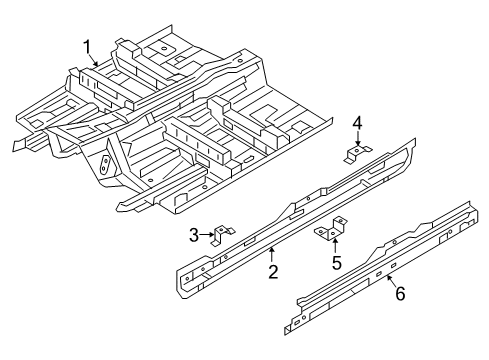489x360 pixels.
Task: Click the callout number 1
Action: point(87,47)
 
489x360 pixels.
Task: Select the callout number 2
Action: point(273,272)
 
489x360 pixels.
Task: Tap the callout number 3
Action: point(194,235)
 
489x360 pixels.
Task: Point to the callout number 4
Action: point(357,123)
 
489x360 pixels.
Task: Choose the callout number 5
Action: point(337,263)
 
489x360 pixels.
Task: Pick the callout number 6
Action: point(400,294)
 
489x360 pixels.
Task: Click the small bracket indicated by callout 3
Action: point(223,234)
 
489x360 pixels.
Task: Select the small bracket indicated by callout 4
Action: point(357,153)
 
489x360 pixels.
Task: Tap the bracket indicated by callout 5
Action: point(331,228)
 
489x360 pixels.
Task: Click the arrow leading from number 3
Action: point(207,235)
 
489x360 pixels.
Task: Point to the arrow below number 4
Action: point(358,138)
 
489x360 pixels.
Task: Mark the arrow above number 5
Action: point(335,246)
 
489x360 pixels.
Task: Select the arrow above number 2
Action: point(272,254)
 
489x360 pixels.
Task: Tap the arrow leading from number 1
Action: point(94,61)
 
